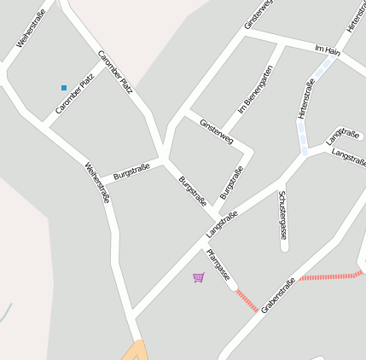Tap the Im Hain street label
[x=328, y=50]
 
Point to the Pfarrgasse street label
[x=218, y=265]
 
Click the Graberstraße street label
[x=278, y=294]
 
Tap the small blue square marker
[x=63, y=88]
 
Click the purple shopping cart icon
[x=199, y=277]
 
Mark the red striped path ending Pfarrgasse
[x=246, y=300]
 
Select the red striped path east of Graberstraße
[x=332, y=276]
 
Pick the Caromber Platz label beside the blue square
[x=74, y=95]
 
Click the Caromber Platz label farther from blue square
[x=115, y=71]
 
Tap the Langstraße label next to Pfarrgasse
[x=221, y=224]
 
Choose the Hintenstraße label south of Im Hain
[x=306, y=99]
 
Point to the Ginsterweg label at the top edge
[x=259, y=14]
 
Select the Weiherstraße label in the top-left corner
[x=31, y=27]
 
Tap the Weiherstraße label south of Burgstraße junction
[x=97, y=183]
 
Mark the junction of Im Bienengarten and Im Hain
[x=281, y=42]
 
